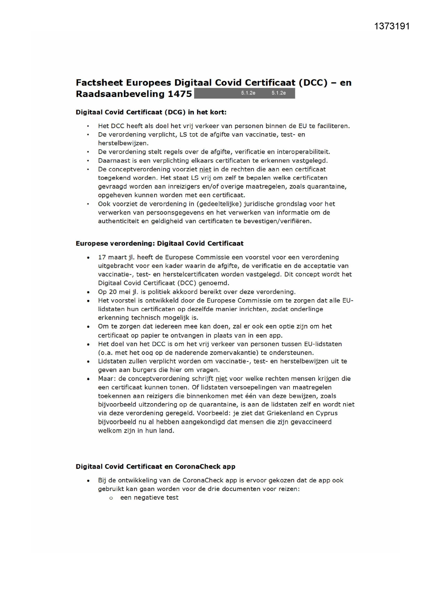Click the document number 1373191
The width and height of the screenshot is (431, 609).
coord(392,26)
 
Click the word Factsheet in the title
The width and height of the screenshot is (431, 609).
coord(99,83)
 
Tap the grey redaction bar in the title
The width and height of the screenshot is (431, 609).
coord(244,93)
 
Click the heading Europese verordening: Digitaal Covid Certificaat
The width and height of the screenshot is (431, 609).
coord(159,243)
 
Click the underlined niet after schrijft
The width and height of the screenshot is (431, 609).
coord(221,378)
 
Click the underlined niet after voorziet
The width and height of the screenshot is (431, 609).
coord(205,169)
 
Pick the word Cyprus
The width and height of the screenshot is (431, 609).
coord(326,413)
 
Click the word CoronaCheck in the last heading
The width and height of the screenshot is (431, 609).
coord(197,467)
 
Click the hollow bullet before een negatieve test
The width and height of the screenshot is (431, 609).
coord(111,498)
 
